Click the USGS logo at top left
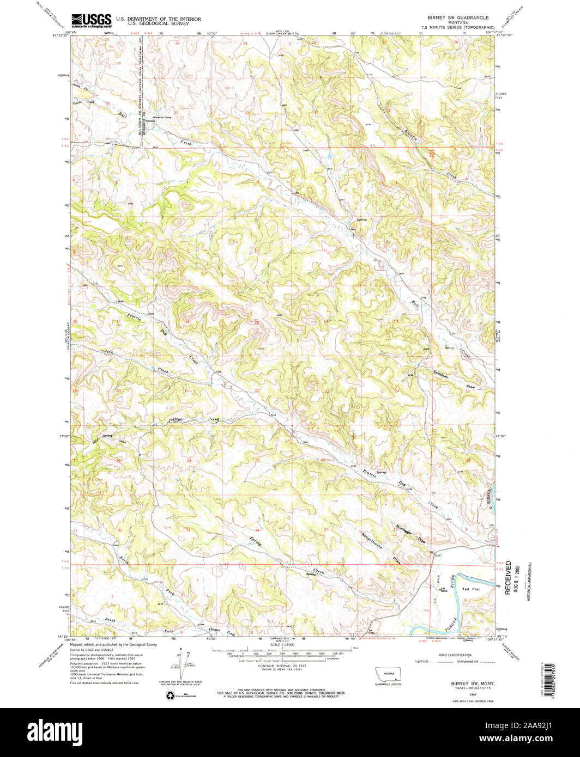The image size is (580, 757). pos(91,20)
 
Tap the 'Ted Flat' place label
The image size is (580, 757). pos(469,589)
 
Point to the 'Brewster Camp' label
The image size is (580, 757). pos(162,117)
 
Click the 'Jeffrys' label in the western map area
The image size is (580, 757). pos(174,420)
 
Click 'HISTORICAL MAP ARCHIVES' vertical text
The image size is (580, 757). pos(528,582)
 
